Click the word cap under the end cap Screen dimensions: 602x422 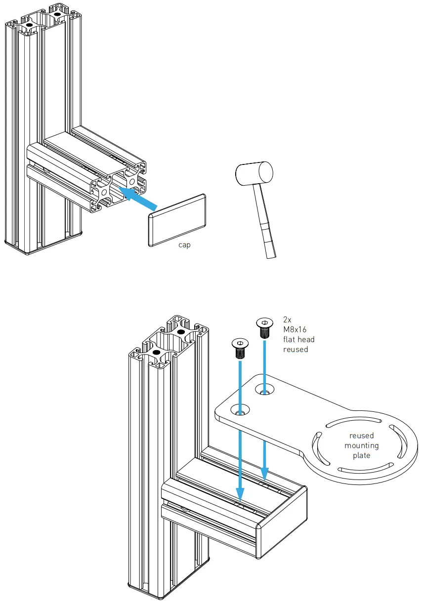click(184, 245)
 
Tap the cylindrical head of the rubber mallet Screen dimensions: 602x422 click(254, 174)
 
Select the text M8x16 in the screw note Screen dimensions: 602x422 click(295, 329)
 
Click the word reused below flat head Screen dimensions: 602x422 click(295, 349)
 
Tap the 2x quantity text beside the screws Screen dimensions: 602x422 click(288, 320)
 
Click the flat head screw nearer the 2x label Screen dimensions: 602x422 click(264, 327)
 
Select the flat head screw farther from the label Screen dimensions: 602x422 click(240, 349)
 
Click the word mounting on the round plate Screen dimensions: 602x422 click(362, 445)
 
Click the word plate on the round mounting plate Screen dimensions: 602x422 click(362, 455)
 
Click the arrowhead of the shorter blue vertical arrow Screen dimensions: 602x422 click(265, 475)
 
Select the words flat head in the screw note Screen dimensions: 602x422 click(298, 339)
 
